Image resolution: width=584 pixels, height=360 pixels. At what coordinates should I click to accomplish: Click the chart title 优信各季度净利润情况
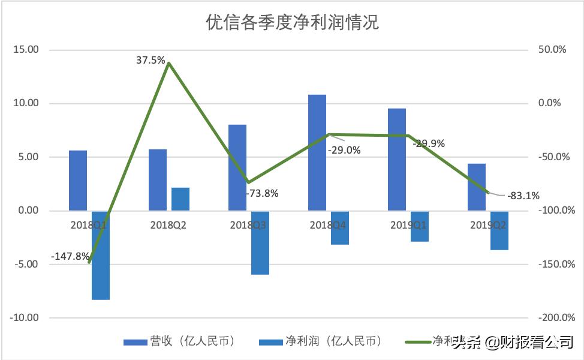[292, 23]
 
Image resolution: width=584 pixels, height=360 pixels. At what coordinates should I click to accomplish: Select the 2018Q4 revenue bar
[317, 152]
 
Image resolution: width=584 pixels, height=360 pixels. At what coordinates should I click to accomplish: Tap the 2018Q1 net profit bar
[101, 255]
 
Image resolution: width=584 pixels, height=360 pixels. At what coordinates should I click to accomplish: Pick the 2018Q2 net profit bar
[180, 199]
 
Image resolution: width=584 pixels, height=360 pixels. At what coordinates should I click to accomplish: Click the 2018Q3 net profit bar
[260, 242]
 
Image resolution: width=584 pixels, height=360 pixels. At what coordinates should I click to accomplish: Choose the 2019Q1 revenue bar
[397, 160]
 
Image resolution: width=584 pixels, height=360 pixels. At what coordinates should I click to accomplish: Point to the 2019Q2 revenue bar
[477, 187]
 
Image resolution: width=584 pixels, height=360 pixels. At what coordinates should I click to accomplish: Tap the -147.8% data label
[70, 256]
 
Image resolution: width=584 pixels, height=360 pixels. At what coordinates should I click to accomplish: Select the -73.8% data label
[262, 193]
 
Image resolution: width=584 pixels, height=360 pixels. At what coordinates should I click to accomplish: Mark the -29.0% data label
[344, 150]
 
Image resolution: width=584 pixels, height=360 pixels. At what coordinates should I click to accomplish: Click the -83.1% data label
[523, 195]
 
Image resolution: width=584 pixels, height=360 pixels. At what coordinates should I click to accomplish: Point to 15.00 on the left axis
[25, 50]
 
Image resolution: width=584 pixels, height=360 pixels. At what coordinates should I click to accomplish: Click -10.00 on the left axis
[24, 318]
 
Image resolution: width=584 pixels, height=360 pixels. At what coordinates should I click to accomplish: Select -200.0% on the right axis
[555, 318]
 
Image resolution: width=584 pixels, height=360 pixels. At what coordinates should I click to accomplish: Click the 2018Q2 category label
[168, 226]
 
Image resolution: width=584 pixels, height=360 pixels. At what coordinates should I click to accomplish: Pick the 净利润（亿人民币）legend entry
[320, 341]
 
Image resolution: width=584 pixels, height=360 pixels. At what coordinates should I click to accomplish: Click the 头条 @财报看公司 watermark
[512, 343]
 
